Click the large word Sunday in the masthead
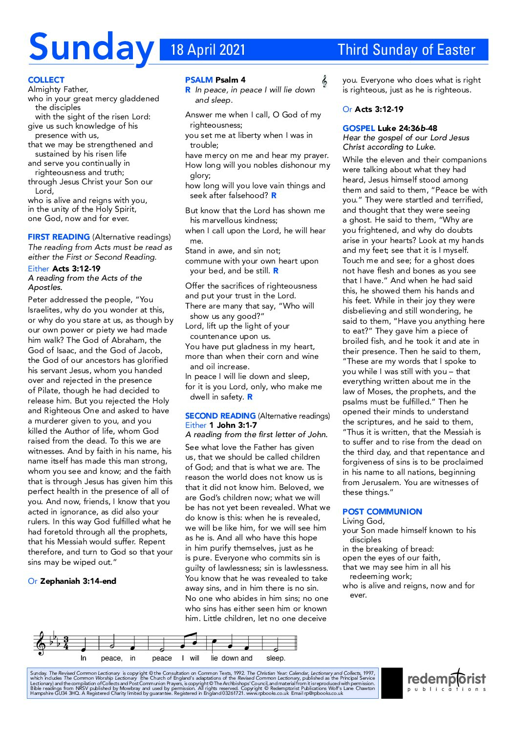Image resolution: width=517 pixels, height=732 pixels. (91, 48)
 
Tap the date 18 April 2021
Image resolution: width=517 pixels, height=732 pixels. (208, 50)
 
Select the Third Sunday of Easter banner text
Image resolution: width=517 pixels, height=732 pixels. (406, 50)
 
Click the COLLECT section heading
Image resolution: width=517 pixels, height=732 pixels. (46, 80)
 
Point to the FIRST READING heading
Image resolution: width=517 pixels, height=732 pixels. (59, 237)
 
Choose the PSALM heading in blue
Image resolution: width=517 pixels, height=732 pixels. (199, 80)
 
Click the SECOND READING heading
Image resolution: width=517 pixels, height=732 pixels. (220, 416)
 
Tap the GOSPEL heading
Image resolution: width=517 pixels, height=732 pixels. (359, 128)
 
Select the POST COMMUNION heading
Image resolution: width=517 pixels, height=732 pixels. (382, 511)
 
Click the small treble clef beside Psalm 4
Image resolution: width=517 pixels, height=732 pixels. (324, 81)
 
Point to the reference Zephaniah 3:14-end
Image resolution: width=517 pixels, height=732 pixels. (78, 581)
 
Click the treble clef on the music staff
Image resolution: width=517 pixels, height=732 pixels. (41, 643)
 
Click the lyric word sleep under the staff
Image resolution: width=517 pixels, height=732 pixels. (276, 658)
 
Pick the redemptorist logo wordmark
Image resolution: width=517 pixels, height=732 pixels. (447, 679)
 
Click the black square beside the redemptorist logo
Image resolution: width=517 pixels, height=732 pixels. (391, 683)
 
